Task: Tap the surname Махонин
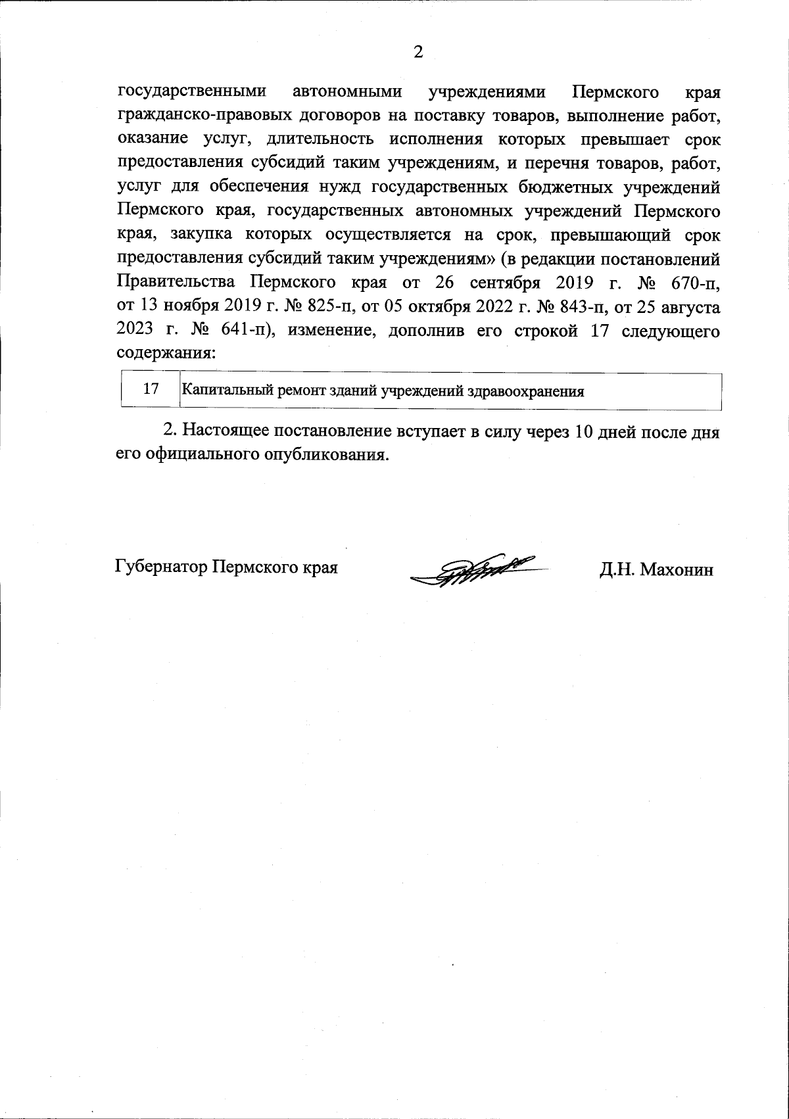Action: pyautogui.click(x=677, y=569)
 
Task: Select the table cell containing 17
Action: pyautogui.click(x=151, y=389)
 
